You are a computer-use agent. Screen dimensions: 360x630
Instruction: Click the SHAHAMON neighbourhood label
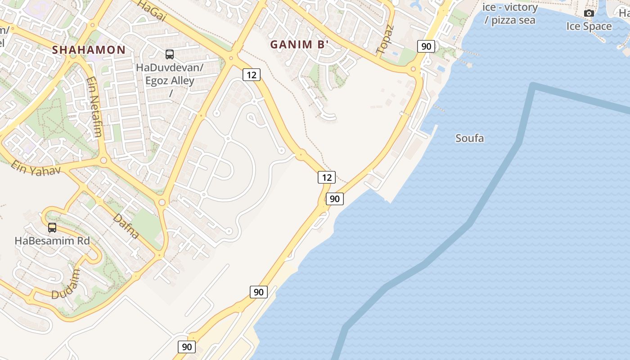point(89,49)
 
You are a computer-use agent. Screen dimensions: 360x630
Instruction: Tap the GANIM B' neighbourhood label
point(299,44)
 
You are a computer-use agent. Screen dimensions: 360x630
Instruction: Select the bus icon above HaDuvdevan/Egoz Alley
point(170,54)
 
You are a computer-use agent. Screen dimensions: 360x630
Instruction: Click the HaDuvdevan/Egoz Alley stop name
point(170,74)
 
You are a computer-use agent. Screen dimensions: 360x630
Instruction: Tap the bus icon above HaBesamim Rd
point(52,228)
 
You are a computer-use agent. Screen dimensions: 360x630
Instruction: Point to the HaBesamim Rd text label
point(52,241)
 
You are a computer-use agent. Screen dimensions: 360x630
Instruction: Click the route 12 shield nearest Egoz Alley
point(251,75)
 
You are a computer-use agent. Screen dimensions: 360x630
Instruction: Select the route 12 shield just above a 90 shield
point(326,177)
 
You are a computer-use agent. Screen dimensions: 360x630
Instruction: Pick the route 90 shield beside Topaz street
point(426,46)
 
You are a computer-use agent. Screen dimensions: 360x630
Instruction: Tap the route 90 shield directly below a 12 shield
point(334,198)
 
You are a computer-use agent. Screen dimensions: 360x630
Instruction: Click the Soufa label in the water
point(469,138)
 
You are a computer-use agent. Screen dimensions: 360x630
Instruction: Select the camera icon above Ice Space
point(589,13)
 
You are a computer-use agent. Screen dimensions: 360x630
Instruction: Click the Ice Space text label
point(589,26)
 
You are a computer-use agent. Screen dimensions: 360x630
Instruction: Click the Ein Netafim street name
point(94,107)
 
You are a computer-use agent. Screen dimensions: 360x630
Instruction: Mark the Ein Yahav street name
point(36,168)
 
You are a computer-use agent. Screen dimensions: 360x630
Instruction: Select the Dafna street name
point(126,226)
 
